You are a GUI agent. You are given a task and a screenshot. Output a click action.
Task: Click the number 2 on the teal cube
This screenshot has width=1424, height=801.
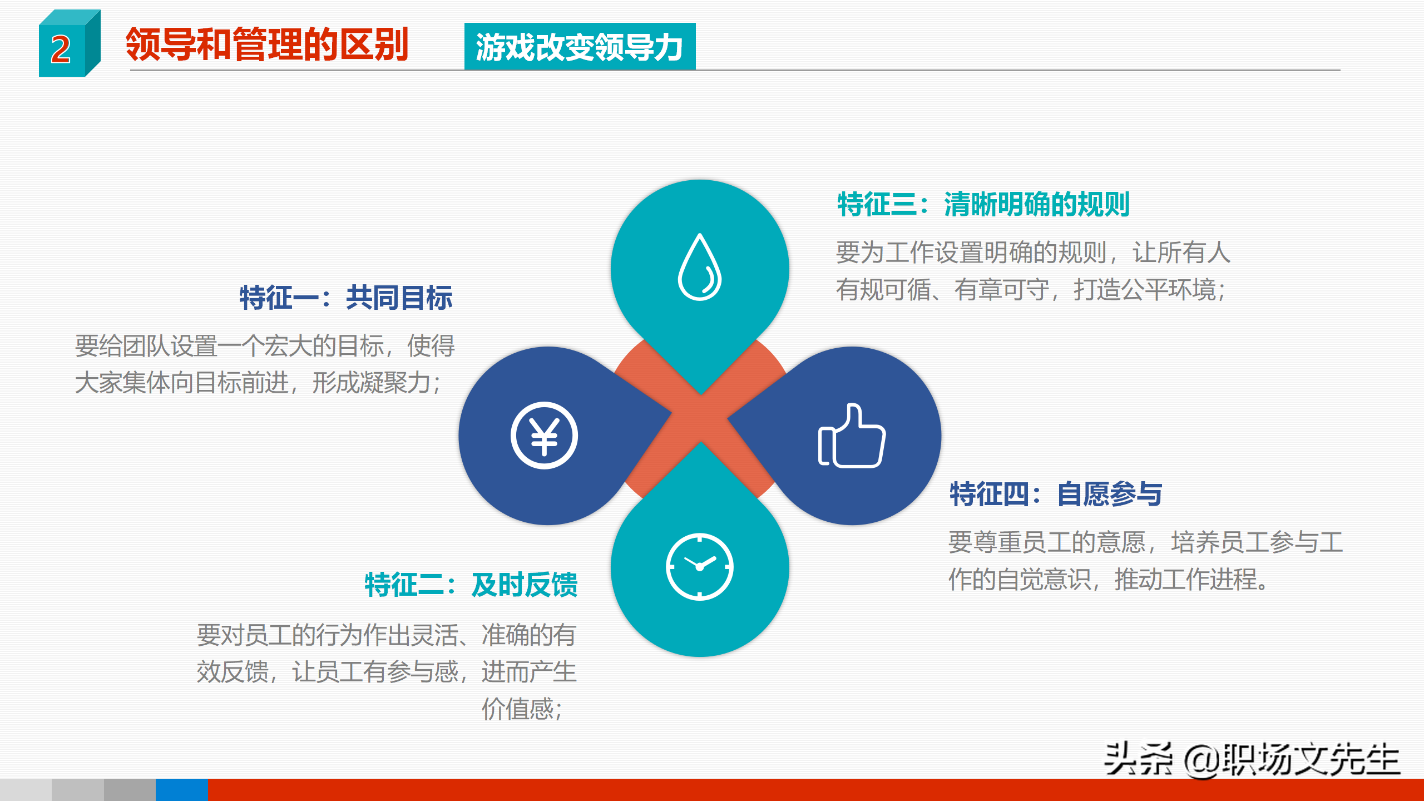[61, 50]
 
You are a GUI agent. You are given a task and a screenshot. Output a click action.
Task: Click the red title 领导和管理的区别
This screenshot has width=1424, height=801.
[267, 44]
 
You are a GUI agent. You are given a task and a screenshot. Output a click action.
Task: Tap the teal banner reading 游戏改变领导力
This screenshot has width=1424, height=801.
[580, 47]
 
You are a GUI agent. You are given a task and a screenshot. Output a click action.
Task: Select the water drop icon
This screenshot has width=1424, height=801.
[700, 268]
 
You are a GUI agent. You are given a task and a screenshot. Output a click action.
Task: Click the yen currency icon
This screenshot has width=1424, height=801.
[544, 436]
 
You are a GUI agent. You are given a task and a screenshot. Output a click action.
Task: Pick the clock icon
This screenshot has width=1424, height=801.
[700, 567]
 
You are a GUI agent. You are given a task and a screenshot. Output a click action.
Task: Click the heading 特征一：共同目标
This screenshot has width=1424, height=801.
[346, 298]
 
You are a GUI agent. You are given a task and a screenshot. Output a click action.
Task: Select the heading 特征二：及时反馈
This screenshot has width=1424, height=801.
[471, 585]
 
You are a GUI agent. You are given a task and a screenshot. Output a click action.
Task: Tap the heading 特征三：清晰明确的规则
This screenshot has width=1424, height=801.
[983, 204]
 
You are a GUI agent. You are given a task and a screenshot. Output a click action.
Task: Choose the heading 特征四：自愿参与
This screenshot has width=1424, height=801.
[1056, 494]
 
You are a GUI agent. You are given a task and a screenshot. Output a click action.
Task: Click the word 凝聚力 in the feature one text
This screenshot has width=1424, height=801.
[395, 383]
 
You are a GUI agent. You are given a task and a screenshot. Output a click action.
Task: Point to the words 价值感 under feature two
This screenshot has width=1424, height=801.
[517, 709]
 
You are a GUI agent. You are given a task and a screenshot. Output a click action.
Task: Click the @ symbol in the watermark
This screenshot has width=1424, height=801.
[1201, 760]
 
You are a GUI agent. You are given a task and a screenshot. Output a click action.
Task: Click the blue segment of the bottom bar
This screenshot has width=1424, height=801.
[181, 790]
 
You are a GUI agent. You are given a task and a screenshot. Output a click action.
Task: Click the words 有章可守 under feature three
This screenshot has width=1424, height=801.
[1002, 290]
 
